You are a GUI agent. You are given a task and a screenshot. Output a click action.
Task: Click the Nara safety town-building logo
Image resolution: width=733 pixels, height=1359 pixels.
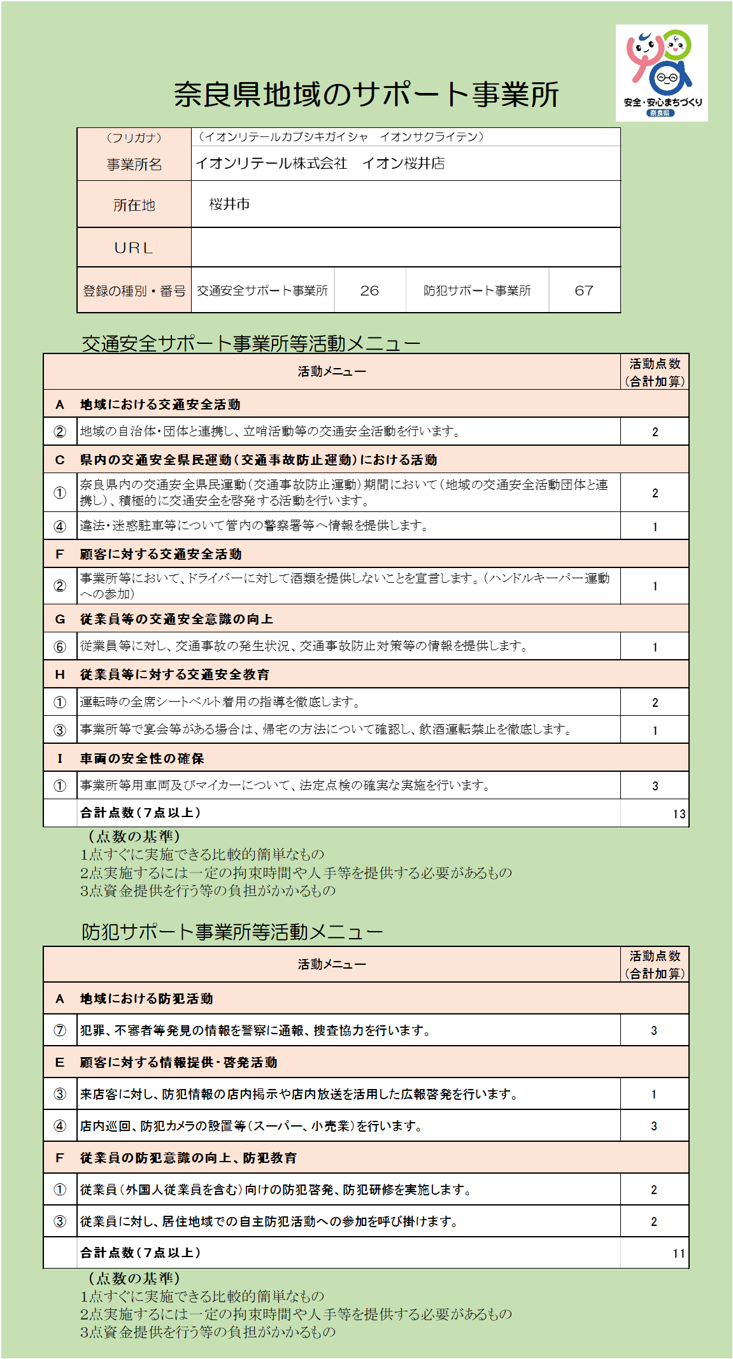click(661, 73)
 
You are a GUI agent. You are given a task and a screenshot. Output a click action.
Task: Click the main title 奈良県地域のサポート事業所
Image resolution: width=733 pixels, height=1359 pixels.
click(366, 94)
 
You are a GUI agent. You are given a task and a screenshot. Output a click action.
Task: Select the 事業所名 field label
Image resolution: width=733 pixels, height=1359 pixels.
click(134, 164)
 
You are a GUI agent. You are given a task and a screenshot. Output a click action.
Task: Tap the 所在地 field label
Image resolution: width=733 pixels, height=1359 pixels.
click(134, 205)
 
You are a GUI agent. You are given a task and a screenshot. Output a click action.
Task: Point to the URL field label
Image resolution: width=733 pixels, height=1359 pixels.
click(134, 248)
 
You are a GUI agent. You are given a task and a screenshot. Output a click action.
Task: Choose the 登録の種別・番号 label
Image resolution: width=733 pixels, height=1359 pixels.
click(134, 291)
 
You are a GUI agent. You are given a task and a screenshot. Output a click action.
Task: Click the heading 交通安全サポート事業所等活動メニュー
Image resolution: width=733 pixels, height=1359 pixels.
click(251, 344)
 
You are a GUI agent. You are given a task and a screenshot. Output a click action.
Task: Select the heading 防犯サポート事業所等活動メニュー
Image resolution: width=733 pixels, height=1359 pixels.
click(232, 932)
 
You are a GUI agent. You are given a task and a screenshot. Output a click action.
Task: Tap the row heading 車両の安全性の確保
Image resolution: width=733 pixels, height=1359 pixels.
click(141, 758)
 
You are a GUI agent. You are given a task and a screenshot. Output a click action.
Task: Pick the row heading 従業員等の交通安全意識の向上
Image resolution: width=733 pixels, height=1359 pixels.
click(176, 619)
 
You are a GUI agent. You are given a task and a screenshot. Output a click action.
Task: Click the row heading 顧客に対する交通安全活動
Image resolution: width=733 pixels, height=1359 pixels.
click(160, 554)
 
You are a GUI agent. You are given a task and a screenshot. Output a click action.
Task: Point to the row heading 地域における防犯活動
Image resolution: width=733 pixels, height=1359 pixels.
click(146, 999)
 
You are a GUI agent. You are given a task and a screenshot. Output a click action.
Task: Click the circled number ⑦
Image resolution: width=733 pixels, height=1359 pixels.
click(60, 1030)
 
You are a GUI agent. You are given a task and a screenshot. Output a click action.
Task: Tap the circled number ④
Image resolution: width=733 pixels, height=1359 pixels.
click(60, 1126)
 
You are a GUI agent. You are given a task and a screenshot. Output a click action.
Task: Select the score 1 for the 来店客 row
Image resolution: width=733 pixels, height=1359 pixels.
click(654, 1095)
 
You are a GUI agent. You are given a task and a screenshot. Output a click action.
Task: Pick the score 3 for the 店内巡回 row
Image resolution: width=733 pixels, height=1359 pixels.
click(654, 1127)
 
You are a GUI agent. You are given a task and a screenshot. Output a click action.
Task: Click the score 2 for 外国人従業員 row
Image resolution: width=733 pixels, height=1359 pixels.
click(654, 1190)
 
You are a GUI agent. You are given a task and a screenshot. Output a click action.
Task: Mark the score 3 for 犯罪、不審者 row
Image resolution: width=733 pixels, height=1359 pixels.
click(654, 1031)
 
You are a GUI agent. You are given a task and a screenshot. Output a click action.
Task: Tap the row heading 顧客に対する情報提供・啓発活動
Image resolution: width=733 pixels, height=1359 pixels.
click(178, 1062)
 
